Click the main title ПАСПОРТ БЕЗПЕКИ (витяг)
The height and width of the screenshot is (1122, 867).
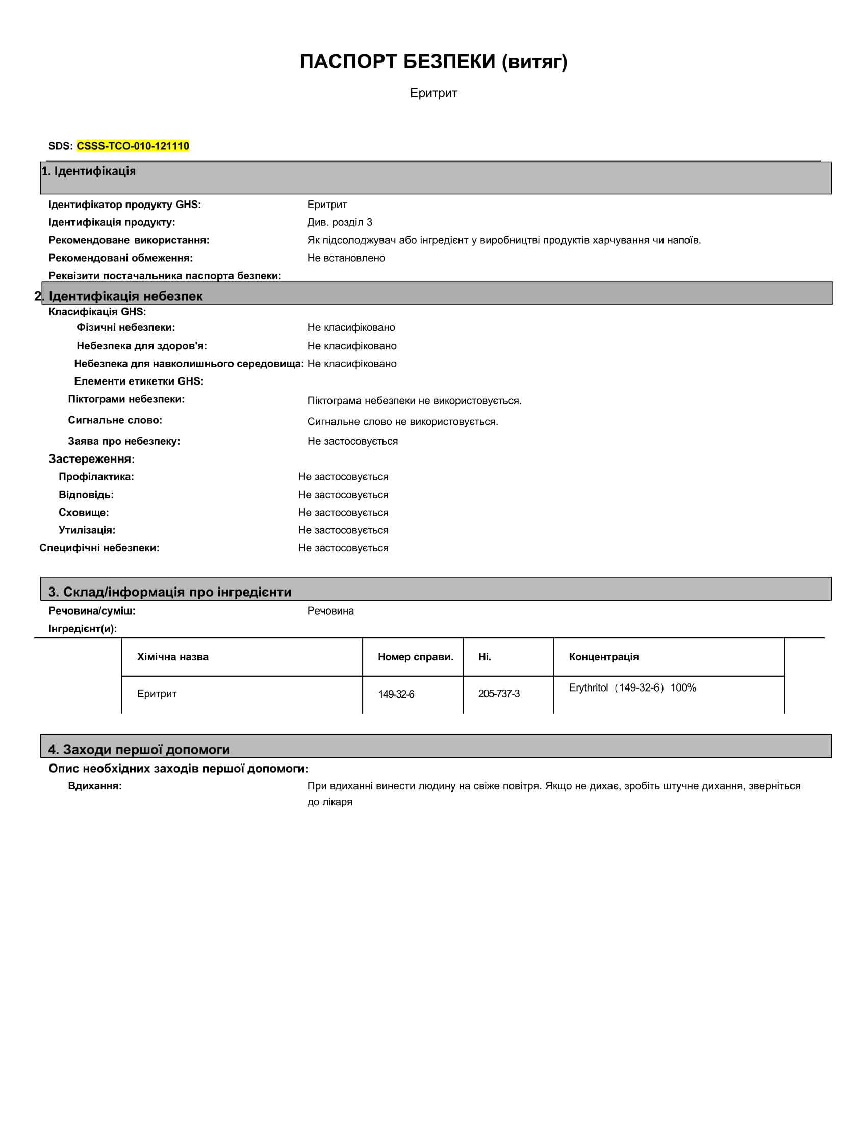click(x=433, y=62)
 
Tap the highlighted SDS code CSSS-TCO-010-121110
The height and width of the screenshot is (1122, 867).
click(x=133, y=146)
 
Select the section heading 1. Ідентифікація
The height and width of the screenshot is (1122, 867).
click(x=89, y=171)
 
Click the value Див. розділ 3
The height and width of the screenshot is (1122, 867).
click(x=340, y=222)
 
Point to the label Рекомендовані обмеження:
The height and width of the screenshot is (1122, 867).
click(x=121, y=258)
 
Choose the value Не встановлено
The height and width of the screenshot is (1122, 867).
click(x=346, y=258)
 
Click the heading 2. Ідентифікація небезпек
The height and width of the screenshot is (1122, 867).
click(x=119, y=296)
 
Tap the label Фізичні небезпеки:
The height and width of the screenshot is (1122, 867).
click(x=126, y=328)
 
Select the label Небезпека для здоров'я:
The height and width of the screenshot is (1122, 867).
click(x=142, y=346)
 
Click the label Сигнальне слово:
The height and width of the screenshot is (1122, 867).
click(x=115, y=420)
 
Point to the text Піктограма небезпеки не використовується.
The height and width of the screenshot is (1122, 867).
click(x=414, y=401)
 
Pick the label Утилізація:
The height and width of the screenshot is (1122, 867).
click(x=87, y=530)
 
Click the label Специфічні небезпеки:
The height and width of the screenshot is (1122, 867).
click(x=99, y=548)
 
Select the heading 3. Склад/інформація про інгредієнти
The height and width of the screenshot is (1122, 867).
click(x=170, y=592)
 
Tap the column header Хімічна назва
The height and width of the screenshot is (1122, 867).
click(x=172, y=657)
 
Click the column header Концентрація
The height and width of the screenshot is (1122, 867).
click(x=603, y=657)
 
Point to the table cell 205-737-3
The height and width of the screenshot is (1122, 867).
click(x=499, y=694)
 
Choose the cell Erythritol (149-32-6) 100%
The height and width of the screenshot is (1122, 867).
click(x=632, y=688)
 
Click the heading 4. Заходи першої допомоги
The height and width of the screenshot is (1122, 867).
click(x=139, y=750)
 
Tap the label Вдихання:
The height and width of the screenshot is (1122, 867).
click(x=95, y=786)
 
